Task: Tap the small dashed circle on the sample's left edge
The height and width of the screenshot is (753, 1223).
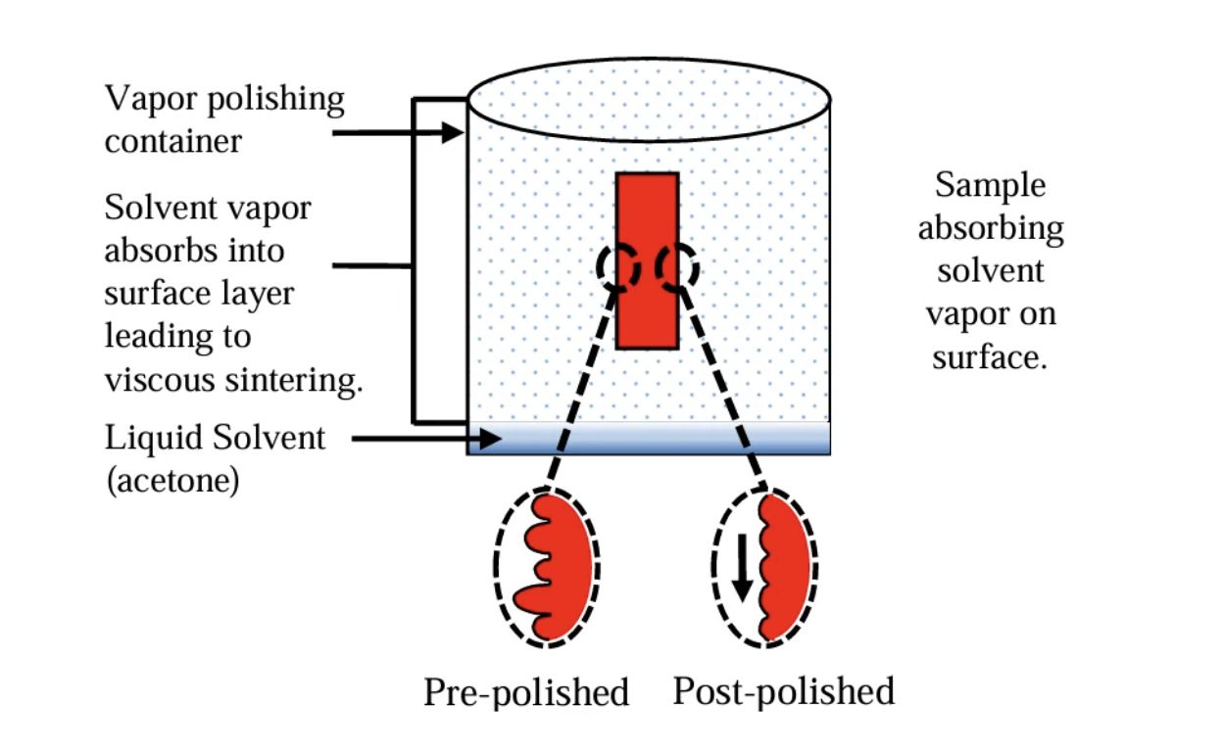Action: tap(619, 266)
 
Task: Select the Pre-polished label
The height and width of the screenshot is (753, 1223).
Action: tap(525, 692)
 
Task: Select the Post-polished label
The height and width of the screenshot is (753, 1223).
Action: tap(783, 690)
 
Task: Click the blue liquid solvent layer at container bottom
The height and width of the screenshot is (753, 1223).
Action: tap(649, 438)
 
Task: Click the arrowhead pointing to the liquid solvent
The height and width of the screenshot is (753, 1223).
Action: tap(491, 440)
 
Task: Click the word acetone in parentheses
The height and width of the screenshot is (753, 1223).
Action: tap(172, 482)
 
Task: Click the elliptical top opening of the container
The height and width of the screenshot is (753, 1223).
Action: tap(649, 98)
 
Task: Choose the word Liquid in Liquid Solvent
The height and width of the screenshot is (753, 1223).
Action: tap(153, 437)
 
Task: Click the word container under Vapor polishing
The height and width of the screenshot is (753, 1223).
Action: tap(172, 141)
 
